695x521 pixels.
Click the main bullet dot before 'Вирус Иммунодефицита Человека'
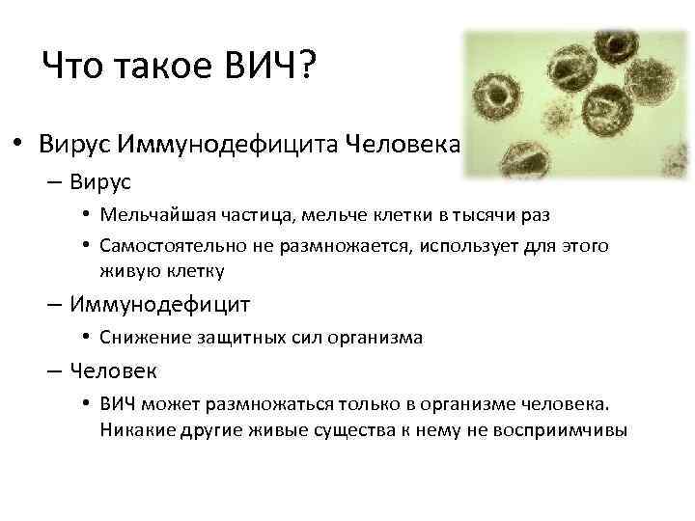pos(17,144)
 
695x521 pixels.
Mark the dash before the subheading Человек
pos(54,370)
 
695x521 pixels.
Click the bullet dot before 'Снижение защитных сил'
pos(86,338)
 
